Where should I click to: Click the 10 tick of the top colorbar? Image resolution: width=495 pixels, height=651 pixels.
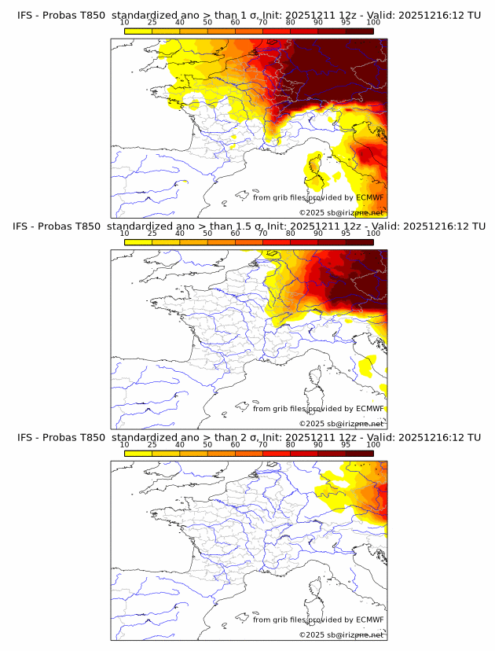click(125, 23)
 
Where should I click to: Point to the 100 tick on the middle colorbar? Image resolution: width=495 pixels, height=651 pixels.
click(373, 234)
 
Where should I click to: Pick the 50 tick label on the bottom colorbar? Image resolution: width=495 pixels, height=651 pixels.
click(207, 445)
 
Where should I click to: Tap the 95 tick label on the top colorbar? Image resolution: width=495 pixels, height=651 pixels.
click(346, 23)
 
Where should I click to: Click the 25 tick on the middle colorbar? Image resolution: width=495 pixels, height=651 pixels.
click(152, 234)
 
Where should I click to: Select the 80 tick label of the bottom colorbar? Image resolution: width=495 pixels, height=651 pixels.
click(291, 445)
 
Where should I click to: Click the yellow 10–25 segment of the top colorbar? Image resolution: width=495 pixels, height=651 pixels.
click(138, 31)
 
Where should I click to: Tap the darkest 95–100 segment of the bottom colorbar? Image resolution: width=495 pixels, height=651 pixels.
click(360, 453)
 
